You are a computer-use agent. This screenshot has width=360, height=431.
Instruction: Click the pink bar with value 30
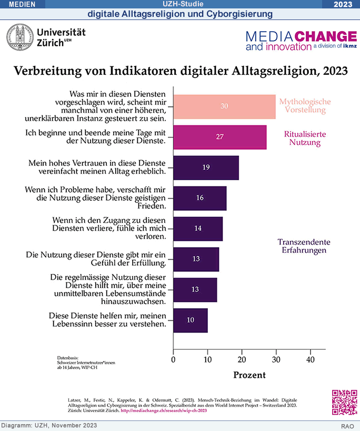[x=224, y=106]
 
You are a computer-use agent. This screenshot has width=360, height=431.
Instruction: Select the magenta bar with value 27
[x=219, y=137]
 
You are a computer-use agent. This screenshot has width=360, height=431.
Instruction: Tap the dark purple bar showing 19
[x=206, y=168]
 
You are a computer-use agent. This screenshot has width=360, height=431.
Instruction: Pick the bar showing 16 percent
[x=199, y=198]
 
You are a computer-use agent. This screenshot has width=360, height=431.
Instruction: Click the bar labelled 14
[x=198, y=228]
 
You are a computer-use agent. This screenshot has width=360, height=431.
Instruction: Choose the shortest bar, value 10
[x=190, y=320]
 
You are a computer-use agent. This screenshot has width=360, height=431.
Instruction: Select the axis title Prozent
[x=249, y=376]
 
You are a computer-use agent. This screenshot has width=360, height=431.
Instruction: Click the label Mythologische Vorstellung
[x=305, y=106]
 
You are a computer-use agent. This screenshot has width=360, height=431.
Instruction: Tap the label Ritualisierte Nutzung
[x=305, y=138]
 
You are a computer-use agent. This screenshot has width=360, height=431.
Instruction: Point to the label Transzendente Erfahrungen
[x=304, y=246]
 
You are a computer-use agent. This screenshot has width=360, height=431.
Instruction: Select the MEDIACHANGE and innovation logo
[x=301, y=41]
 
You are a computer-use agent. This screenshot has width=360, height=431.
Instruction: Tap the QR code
[x=344, y=403]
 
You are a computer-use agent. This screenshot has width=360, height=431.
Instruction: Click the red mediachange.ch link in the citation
[x=164, y=410]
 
